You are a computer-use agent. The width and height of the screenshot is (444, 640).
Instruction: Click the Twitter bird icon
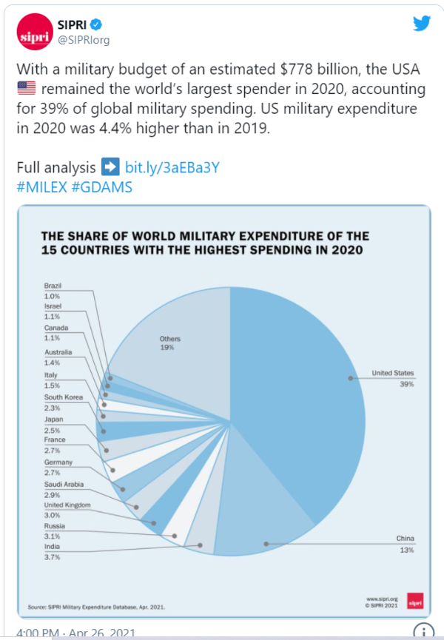tap(422, 24)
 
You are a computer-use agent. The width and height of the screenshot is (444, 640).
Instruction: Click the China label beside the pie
tap(406, 539)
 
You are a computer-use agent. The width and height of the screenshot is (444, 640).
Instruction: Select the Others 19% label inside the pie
tap(170, 343)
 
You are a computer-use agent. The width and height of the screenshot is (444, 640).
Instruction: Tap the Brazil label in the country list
tap(53, 286)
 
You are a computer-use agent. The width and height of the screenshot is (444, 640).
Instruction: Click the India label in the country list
tap(52, 547)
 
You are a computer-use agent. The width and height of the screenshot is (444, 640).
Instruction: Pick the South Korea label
tap(62, 397)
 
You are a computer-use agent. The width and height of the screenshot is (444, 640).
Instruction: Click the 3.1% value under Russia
tap(53, 535)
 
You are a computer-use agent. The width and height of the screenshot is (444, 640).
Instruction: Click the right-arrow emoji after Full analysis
tap(109, 167)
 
